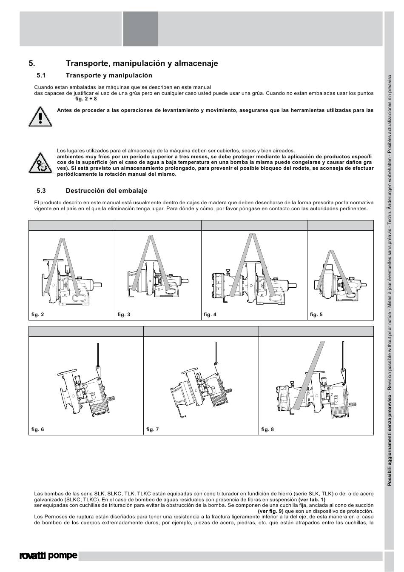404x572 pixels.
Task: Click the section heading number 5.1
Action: tap(41, 76)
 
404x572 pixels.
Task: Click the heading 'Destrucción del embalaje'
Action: tap(106, 191)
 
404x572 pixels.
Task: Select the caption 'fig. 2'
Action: tap(37, 315)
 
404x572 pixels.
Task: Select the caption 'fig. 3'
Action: tap(124, 315)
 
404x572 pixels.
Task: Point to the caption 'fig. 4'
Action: tap(210, 315)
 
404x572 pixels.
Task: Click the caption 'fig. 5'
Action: tap(316, 315)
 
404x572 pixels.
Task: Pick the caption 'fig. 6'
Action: tap(37, 429)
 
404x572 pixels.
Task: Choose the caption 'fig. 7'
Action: tap(152, 429)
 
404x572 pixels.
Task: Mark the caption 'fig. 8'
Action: tap(267, 429)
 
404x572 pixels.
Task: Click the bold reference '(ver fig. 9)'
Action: tap(271, 512)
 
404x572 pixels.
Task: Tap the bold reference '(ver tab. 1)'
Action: tap(312, 500)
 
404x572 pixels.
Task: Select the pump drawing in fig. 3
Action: tap(157, 281)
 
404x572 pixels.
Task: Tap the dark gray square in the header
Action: tap(140, 29)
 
